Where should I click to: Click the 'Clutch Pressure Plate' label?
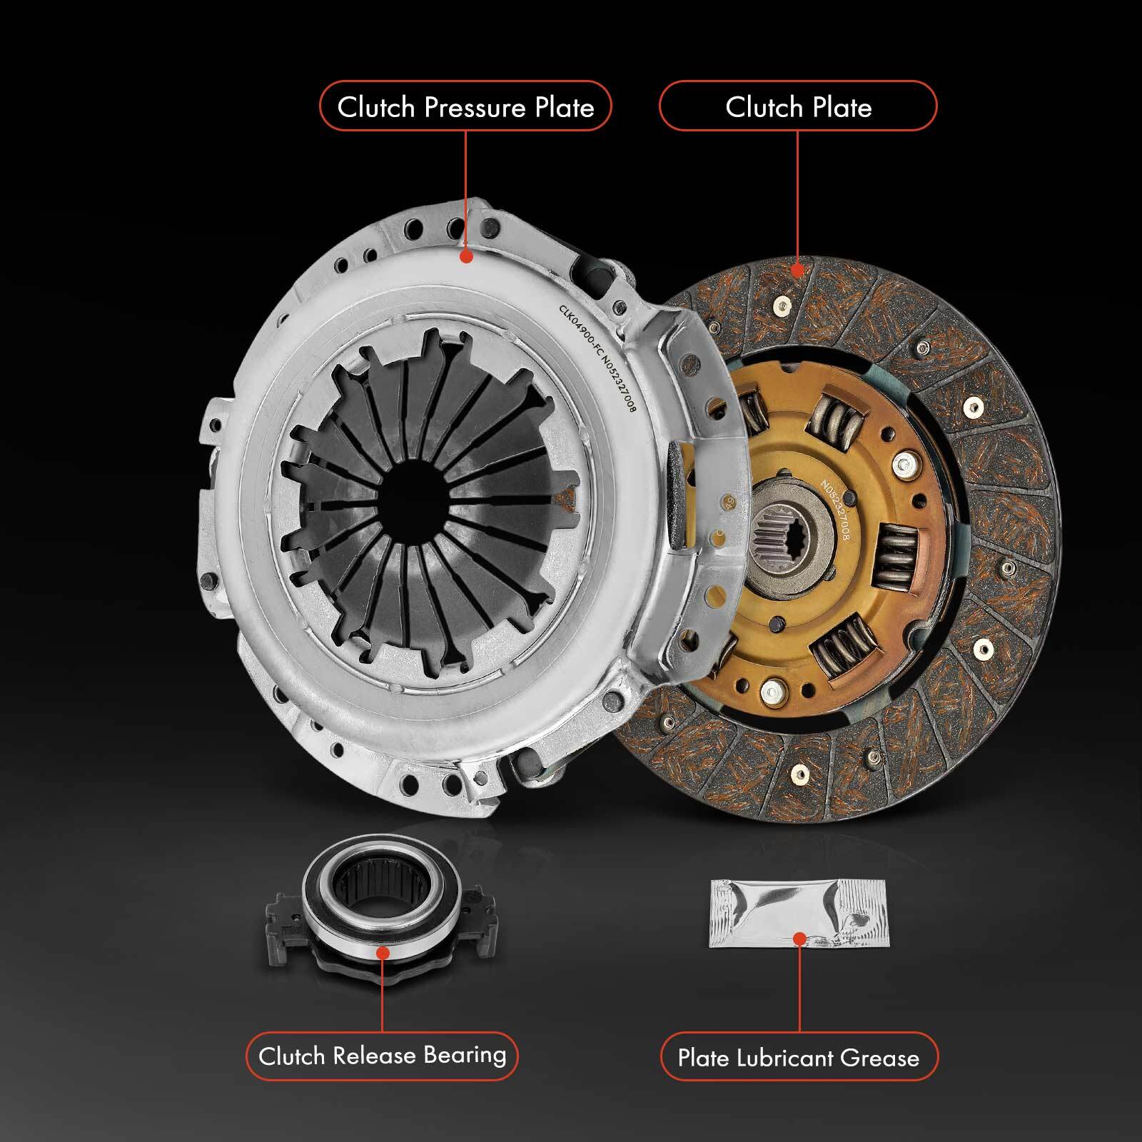pos(465,106)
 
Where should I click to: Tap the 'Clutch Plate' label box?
pos(798,106)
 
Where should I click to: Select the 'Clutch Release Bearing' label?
pos(382,1056)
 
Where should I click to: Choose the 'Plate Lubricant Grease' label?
pos(798,1057)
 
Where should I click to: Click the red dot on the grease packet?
pos(799,938)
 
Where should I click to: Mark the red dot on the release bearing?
pos(383,953)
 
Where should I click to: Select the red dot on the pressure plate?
pos(466,256)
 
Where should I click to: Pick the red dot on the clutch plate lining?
pos(799,270)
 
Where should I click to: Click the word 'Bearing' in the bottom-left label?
pos(465,1055)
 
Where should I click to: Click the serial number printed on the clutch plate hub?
pos(835,510)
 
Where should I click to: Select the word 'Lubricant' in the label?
pos(784,1057)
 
